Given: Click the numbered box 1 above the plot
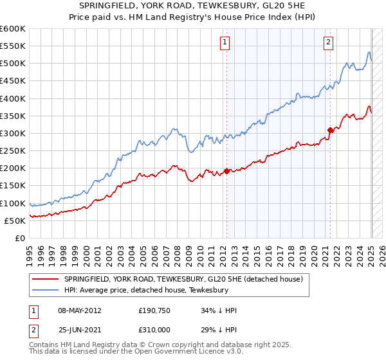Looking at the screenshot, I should coord(225,42).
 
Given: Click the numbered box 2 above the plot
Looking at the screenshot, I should coord(329,42).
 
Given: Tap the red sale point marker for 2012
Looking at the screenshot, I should coord(227,171).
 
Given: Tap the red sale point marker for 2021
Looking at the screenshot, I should coord(331,130).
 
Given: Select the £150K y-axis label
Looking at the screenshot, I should coord(13,186).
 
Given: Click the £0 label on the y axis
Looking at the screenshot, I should coord(19,238).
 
